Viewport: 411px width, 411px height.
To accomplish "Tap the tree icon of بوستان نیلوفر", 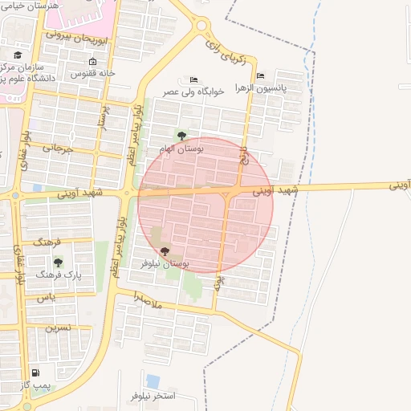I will coord(165,251).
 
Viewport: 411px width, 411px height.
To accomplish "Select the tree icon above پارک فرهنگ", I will coord(57,262).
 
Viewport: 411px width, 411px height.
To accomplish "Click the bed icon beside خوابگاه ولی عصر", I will coord(193,79).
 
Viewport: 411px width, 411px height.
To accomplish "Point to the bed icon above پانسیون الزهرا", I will coord(260,76).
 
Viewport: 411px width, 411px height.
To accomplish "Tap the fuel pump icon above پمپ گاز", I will coord(35,373).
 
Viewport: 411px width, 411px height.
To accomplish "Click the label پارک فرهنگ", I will coord(64,275).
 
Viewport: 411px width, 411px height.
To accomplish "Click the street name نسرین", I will coord(57,328).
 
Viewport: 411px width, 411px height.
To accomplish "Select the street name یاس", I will coord(45,298).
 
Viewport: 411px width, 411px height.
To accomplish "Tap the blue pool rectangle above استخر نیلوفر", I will coord(153,380).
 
